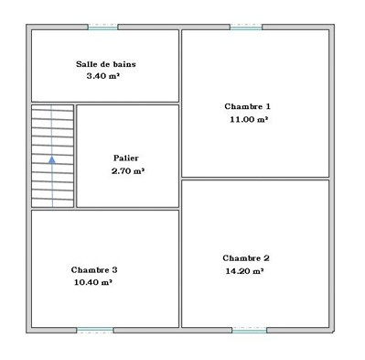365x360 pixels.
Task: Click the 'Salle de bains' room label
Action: (106, 64)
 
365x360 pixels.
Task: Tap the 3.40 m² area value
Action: (102, 76)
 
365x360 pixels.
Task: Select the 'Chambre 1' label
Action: (247, 106)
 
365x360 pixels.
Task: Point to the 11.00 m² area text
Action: (249, 119)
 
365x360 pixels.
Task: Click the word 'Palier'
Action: (126, 158)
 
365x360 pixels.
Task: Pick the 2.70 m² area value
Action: (128, 171)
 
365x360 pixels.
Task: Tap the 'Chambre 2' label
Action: (246, 258)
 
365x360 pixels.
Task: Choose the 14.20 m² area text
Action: (244, 271)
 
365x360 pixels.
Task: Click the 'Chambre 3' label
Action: (94, 270)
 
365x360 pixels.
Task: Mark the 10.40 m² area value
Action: (93, 282)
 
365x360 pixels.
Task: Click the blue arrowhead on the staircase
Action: (52, 159)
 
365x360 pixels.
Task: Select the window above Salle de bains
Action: (102, 27)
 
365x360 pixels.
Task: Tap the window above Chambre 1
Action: (246, 27)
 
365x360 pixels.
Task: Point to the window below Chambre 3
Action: (95, 330)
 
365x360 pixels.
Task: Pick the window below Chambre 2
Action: (250, 330)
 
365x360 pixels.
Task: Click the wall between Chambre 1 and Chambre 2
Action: (255, 179)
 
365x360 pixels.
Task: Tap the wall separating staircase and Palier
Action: (75, 156)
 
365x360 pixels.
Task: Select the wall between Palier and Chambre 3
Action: (127, 209)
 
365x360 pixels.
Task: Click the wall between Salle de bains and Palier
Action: (127, 104)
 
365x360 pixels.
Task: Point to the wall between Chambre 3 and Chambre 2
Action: (180, 268)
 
